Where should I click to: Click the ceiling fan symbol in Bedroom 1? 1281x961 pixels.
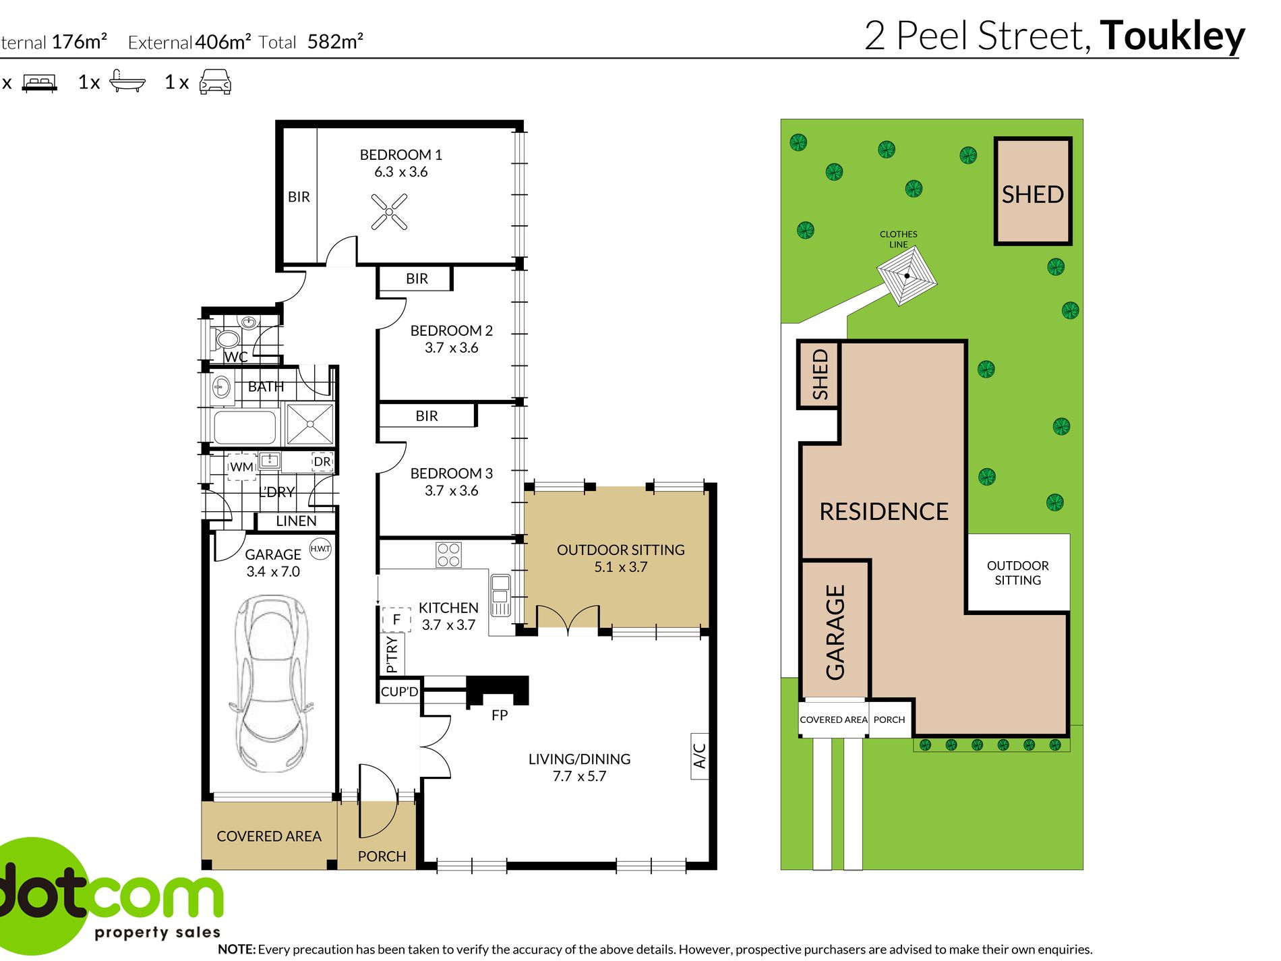coord(389,212)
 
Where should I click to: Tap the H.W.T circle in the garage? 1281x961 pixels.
coord(320,548)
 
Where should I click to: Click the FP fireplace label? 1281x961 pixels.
coord(500,715)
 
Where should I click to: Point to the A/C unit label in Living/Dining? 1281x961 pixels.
coord(700,756)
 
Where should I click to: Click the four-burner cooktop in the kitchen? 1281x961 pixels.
coord(448,555)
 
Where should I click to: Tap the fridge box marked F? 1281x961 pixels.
coord(396,618)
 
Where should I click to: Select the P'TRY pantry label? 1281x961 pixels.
coord(392,654)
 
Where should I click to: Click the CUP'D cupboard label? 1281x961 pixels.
coord(399,692)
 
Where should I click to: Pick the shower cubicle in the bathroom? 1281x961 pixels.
coord(310,424)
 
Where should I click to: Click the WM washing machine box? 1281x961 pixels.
coord(241,467)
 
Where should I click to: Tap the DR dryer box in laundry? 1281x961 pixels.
coord(322,461)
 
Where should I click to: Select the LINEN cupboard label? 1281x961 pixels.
coord(296,521)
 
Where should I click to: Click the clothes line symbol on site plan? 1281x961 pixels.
coord(907,276)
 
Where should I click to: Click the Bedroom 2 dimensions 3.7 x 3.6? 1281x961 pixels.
coord(451,347)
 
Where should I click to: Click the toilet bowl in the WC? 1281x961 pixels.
coord(227,339)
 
